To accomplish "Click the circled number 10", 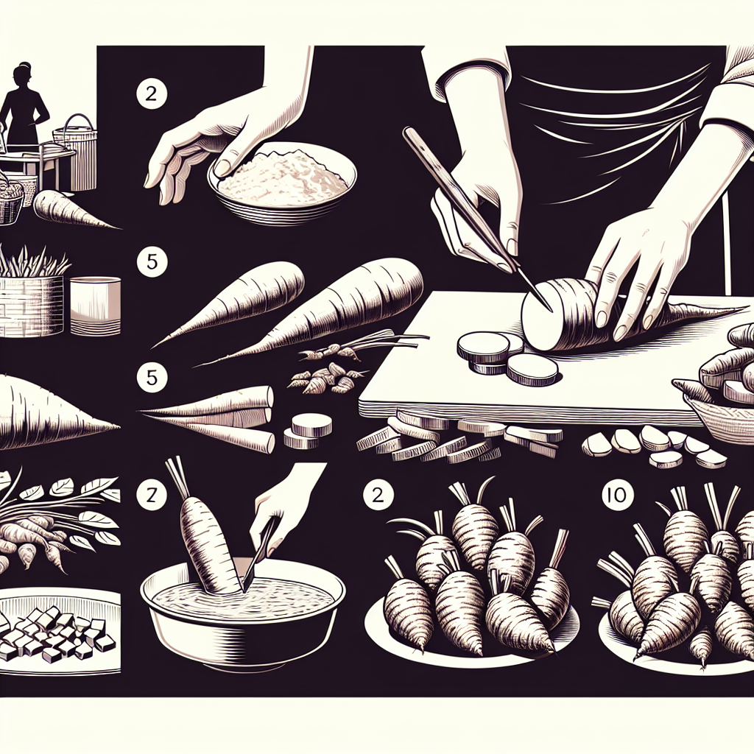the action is point(617,494).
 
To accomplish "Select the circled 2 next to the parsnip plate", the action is point(378,494).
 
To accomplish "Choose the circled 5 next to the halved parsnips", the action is point(152,377).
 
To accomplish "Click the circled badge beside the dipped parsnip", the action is point(152,494).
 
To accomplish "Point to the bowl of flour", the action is point(282,183).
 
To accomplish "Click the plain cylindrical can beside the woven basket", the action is point(95,306).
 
